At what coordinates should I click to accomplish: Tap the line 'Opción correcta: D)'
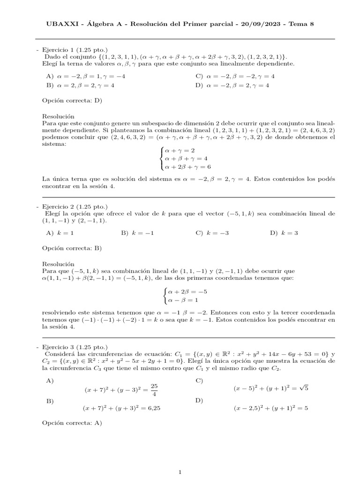72,100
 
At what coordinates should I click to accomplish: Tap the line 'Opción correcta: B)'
72,248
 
